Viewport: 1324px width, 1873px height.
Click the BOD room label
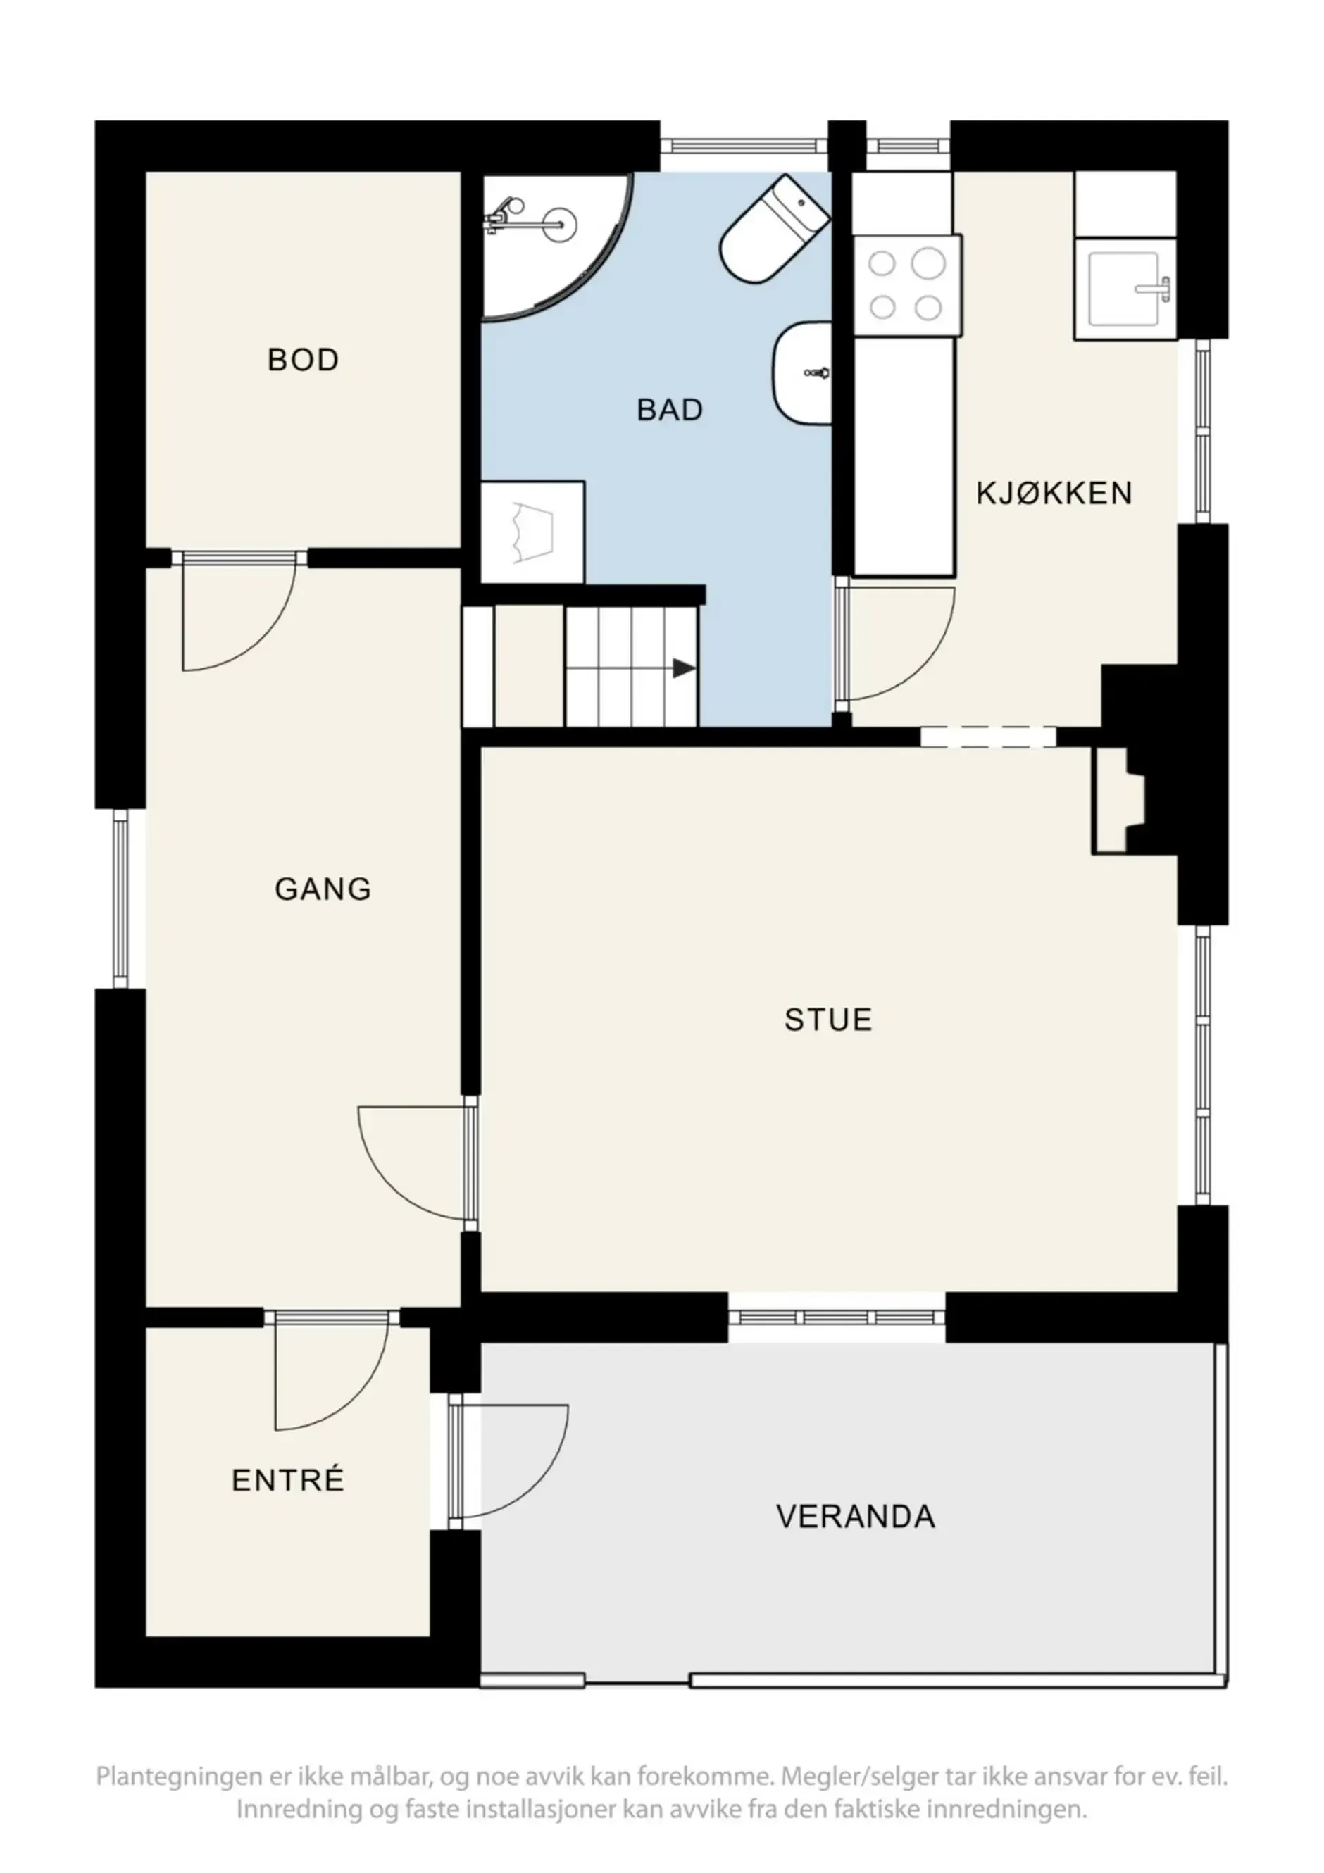[303, 360]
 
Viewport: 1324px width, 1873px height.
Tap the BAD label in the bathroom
[670, 410]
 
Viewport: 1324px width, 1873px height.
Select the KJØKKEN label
[1054, 493]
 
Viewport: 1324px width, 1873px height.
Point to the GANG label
[323, 889]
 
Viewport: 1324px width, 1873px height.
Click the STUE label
[828, 1020]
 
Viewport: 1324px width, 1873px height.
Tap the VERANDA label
[855, 1517]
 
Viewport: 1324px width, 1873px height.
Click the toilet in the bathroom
[775, 230]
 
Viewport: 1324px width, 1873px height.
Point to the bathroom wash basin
[802, 372]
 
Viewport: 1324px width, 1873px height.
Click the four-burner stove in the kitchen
[906, 285]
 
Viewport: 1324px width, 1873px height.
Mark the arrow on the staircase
[684, 669]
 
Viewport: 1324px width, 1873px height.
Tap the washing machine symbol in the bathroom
[532, 532]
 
